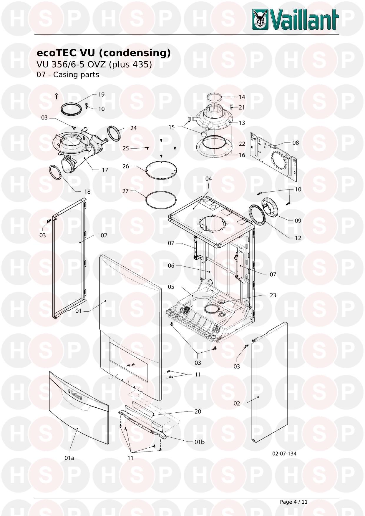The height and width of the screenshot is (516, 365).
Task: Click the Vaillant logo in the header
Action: (295, 19)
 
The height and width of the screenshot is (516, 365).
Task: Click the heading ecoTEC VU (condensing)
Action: (103, 53)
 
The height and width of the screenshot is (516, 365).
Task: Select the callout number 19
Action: (101, 94)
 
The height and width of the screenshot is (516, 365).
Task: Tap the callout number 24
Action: (133, 128)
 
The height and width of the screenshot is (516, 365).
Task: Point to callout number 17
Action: (105, 170)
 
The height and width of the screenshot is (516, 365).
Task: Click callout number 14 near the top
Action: (242, 97)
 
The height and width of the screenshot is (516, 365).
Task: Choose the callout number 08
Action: (296, 143)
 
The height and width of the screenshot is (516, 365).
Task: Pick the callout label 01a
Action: (69, 458)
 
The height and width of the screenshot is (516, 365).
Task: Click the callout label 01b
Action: (199, 442)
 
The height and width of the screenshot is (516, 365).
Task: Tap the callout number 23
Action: (273, 295)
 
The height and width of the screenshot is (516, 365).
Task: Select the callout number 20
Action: (198, 411)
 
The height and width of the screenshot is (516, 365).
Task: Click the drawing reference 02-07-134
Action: (284, 454)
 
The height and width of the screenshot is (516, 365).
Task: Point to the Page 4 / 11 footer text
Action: (293, 502)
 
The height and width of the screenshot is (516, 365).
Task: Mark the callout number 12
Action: (298, 238)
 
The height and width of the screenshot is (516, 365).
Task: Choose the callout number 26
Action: (126, 166)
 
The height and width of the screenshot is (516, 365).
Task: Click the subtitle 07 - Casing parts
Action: (68, 75)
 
